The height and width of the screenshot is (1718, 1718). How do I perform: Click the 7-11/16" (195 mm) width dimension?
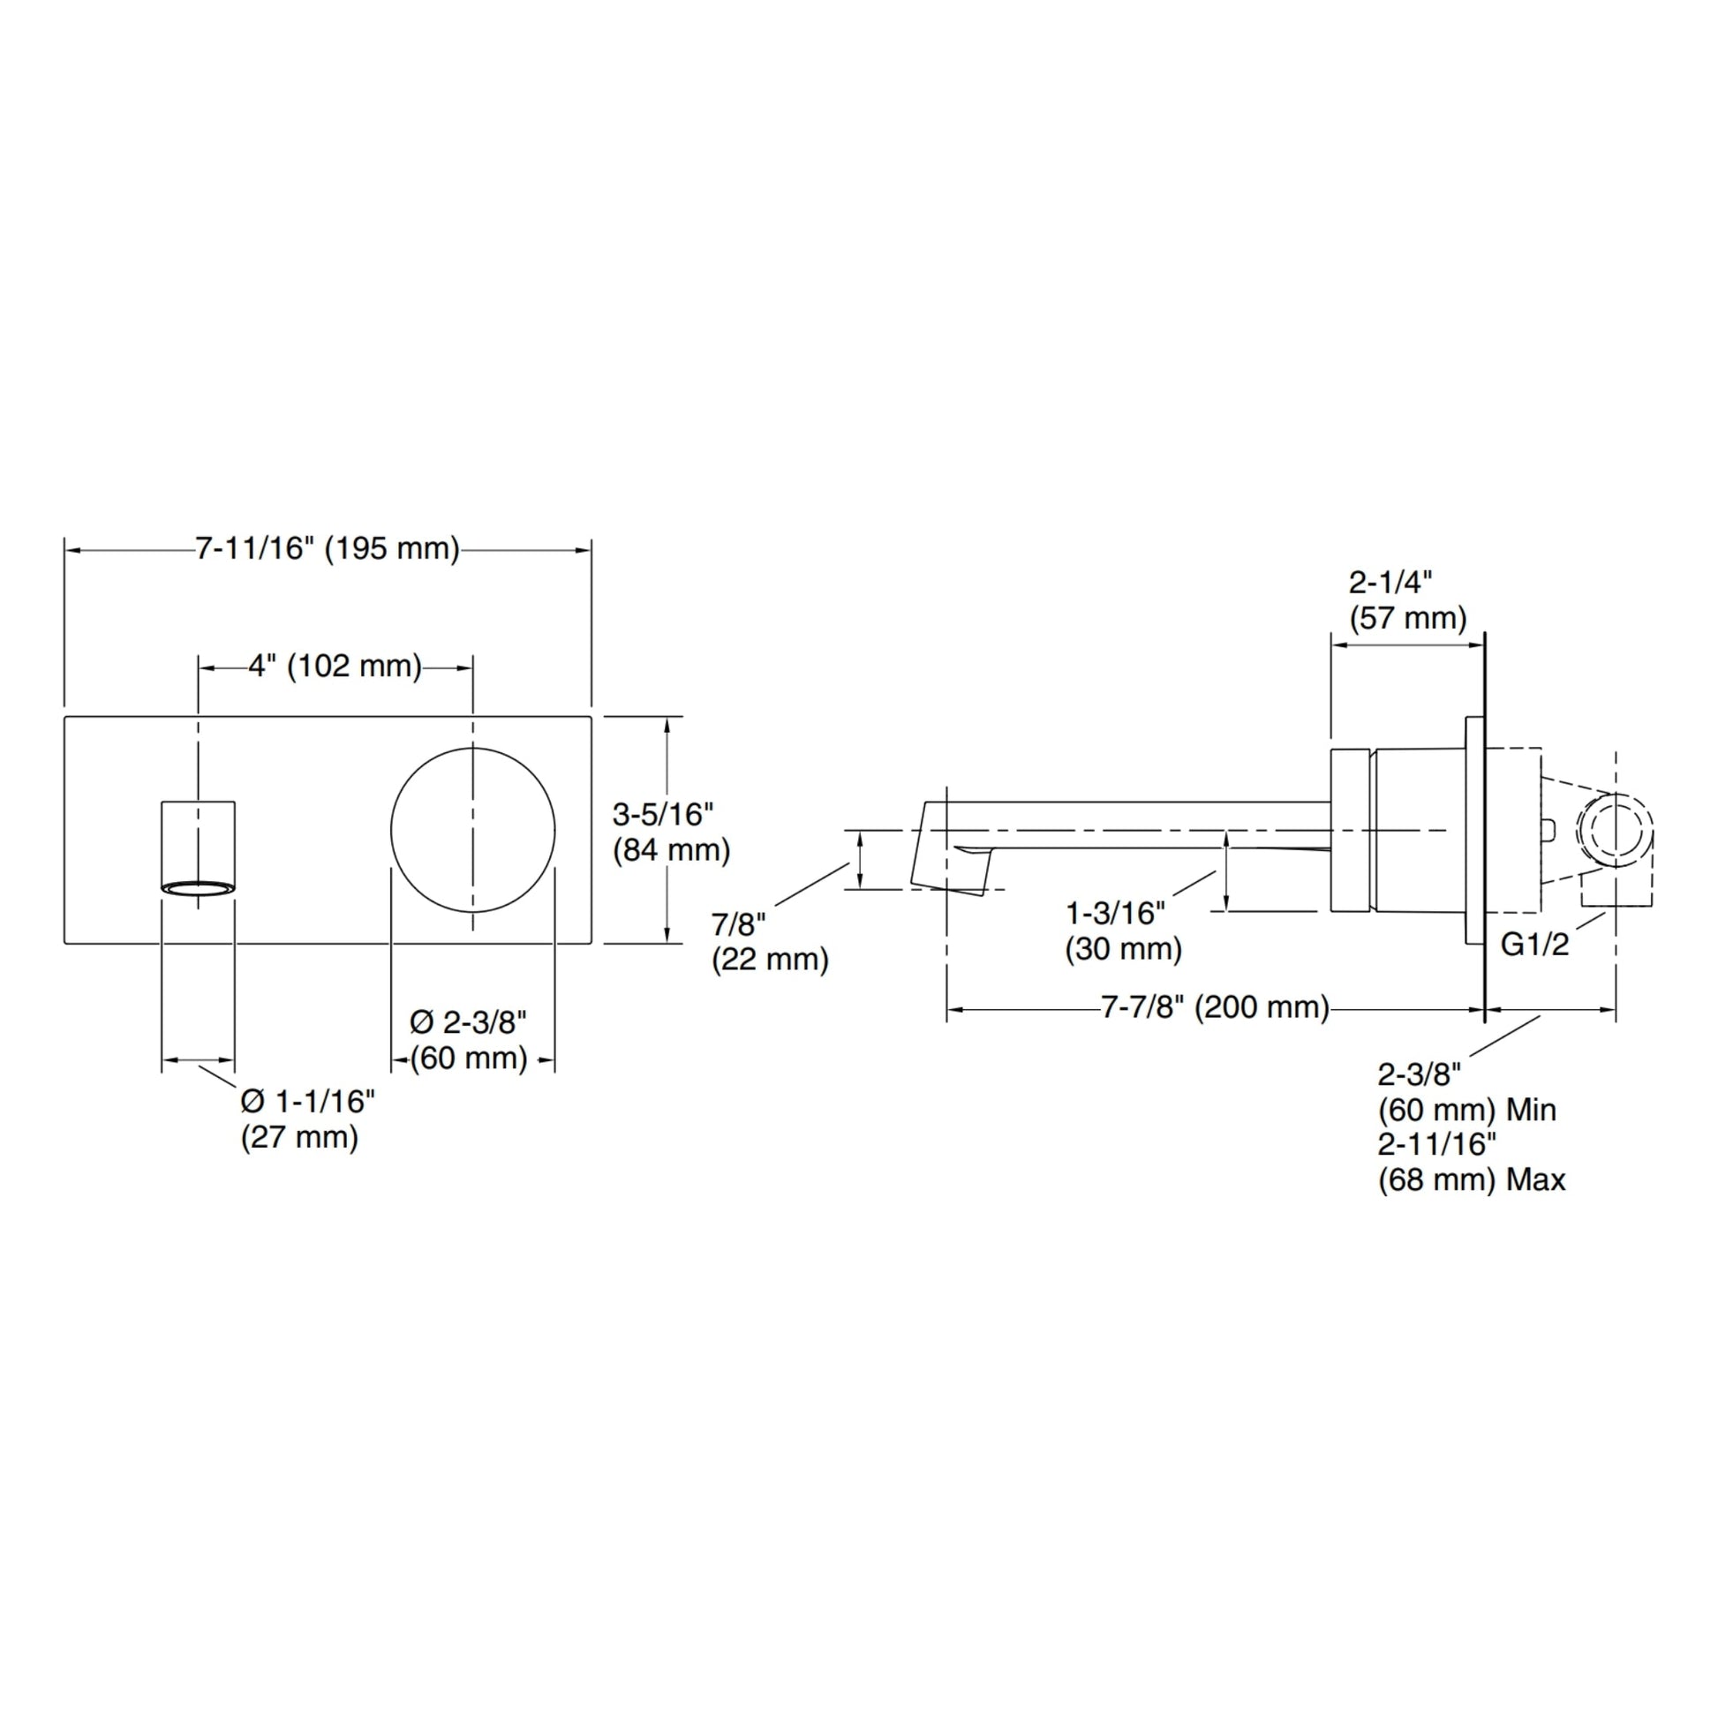tap(328, 548)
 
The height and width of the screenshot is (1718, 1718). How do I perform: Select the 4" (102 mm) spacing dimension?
tap(335, 666)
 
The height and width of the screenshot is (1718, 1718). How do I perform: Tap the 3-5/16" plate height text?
tap(662, 814)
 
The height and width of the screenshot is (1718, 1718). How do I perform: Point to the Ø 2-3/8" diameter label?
tap(469, 1022)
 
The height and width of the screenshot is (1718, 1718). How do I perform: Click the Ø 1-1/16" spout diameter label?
tap(308, 1101)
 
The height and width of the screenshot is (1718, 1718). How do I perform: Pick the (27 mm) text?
tap(299, 1136)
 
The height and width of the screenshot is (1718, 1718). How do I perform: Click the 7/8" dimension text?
tap(738, 925)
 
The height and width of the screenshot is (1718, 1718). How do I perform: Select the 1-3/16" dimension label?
tap(1115, 912)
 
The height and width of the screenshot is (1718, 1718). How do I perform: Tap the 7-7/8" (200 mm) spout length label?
tap(1215, 1007)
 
